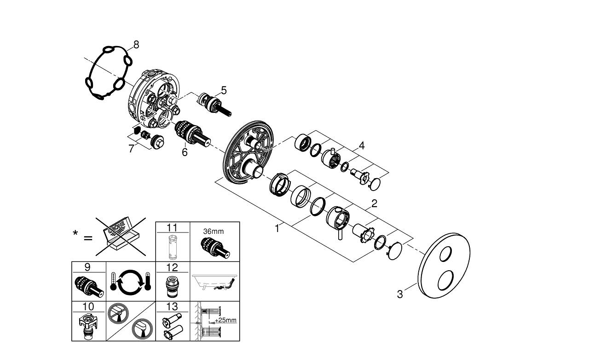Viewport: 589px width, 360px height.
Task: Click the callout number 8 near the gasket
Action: [136, 45]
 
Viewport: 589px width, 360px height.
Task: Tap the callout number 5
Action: [224, 90]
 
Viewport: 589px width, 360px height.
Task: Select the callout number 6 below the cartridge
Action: [185, 152]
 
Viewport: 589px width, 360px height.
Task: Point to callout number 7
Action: [131, 149]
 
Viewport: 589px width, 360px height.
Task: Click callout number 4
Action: [362, 145]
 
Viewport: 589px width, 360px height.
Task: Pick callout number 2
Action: [374, 203]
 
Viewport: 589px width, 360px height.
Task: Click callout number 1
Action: [277, 228]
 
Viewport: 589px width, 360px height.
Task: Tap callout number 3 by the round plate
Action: [400, 294]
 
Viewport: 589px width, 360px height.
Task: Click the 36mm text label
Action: [213, 231]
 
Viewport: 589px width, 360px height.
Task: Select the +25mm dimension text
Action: [225, 320]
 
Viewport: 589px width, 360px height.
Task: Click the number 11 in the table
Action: [172, 227]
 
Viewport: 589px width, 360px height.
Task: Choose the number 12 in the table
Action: [172, 267]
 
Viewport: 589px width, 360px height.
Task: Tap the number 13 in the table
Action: [172, 307]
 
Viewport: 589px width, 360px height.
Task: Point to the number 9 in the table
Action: [87, 267]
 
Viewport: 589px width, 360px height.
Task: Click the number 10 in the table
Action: [88, 307]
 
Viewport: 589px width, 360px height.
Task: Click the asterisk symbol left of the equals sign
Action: [75, 233]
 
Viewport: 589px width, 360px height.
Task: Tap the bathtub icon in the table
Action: [214, 282]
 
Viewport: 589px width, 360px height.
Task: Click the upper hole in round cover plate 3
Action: [446, 254]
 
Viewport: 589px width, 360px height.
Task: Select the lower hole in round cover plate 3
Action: [445, 280]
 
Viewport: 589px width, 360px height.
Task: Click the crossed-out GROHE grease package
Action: [121, 236]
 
